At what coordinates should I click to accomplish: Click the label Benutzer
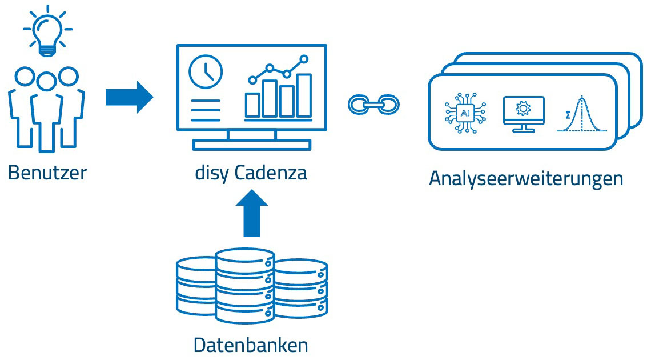click(x=47, y=172)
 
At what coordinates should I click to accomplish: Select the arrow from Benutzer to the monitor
click(x=129, y=97)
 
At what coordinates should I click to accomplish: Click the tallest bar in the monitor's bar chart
click(x=304, y=95)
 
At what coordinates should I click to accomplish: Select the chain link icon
click(x=373, y=104)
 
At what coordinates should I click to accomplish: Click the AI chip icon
click(x=465, y=114)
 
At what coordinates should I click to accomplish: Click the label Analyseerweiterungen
click(x=525, y=178)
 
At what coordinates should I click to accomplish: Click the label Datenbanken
click(x=251, y=345)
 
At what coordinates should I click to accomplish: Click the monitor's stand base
click(x=251, y=145)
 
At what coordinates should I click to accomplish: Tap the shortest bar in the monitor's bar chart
click(x=252, y=105)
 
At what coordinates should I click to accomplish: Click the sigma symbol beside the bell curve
click(x=566, y=114)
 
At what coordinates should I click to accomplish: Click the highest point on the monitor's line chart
click(x=304, y=58)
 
